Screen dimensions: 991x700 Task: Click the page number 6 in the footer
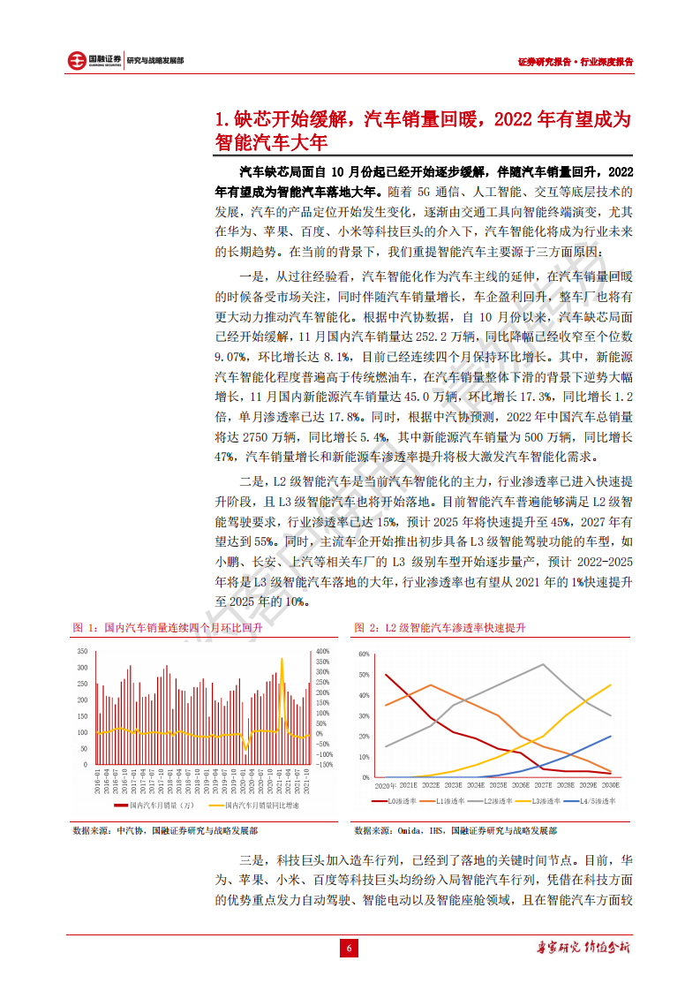[x=350, y=949]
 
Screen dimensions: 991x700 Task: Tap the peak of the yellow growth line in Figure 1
[x=282, y=658]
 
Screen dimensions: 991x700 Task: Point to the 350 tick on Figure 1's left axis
[x=83, y=652]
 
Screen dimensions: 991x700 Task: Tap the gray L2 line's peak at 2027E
[x=543, y=664]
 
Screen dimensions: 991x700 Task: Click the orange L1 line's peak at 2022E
[x=430, y=685]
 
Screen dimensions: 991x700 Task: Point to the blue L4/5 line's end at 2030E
[x=611, y=736]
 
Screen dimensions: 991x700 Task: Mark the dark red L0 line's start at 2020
[x=386, y=675]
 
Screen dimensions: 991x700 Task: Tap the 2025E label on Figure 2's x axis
[x=498, y=784]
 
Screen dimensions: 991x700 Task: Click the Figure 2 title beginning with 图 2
[x=439, y=627]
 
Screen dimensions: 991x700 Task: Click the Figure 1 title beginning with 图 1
[x=167, y=627]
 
